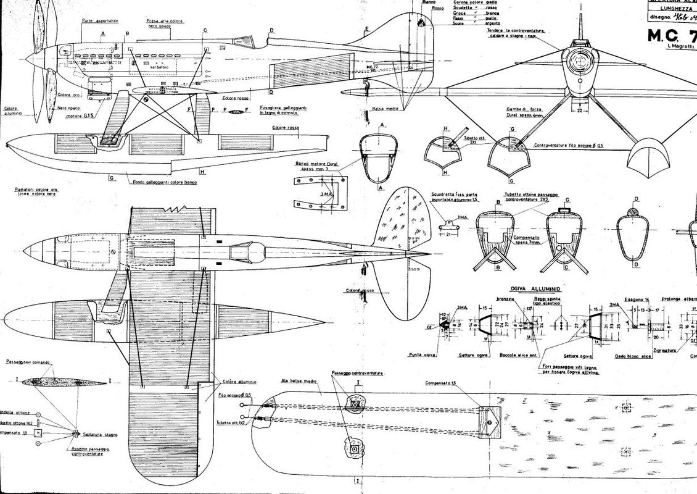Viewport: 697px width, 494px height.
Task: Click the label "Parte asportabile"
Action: point(100,20)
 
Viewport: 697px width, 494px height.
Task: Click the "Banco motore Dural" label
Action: point(316,167)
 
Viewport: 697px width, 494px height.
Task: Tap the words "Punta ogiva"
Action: point(419,354)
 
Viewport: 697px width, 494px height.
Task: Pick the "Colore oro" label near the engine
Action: point(68,94)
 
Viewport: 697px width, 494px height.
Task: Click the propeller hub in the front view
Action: point(580,59)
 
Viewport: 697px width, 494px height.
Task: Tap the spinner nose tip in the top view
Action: point(25,250)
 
